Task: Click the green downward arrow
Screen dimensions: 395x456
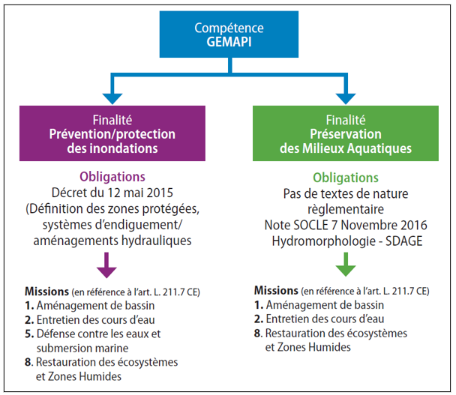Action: click(x=345, y=264)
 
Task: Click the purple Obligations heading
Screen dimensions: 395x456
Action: click(x=112, y=177)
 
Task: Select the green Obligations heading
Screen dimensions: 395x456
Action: click(x=346, y=178)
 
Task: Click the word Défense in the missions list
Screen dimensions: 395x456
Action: click(x=53, y=333)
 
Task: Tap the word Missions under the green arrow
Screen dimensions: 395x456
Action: click(x=277, y=290)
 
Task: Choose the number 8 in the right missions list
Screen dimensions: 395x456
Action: click(x=258, y=333)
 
